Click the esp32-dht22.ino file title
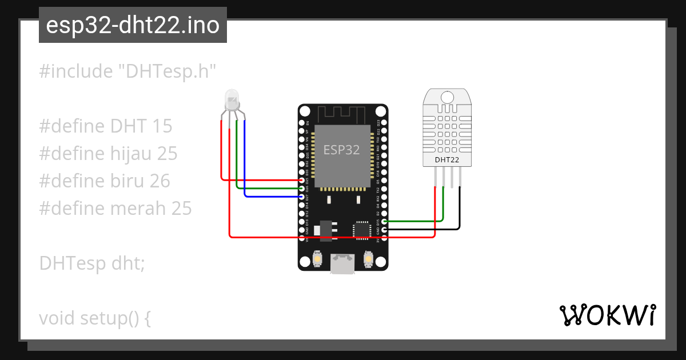133,26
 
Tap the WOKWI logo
607,315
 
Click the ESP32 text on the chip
342,150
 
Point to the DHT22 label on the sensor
447,160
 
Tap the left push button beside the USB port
317,260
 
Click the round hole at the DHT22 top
447,97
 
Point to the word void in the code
57,318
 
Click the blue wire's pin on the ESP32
301,197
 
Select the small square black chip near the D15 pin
361,229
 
